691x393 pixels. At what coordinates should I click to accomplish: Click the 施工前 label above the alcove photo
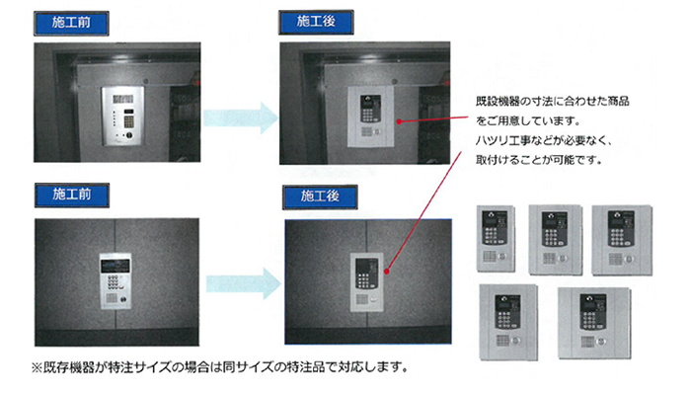(x=71, y=23)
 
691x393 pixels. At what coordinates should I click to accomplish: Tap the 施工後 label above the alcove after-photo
(x=316, y=22)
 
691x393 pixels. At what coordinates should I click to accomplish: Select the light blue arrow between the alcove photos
(x=241, y=118)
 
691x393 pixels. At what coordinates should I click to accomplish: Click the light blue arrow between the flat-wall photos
(x=244, y=283)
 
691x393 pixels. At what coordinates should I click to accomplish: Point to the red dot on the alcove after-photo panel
(x=399, y=121)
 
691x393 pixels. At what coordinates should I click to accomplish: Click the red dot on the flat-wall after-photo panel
(x=387, y=272)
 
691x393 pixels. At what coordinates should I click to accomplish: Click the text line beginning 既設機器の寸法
(x=552, y=102)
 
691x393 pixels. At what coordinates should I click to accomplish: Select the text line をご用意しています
(x=528, y=120)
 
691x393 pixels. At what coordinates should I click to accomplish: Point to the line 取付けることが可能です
(x=539, y=160)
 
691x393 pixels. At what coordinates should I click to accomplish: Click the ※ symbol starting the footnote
(x=37, y=367)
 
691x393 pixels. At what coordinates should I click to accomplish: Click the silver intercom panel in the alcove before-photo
(x=122, y=116)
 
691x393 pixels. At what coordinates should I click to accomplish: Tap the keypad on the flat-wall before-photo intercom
(x=113, y=282)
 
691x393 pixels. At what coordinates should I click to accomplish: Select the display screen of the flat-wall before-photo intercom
(x=115, y=266)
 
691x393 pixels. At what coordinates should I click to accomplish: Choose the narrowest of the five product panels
(x=496, y=238)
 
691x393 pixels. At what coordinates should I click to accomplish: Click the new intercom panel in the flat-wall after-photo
(x=366, y=282)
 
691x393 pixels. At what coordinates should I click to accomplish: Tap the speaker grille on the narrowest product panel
(x=490, y=256)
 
